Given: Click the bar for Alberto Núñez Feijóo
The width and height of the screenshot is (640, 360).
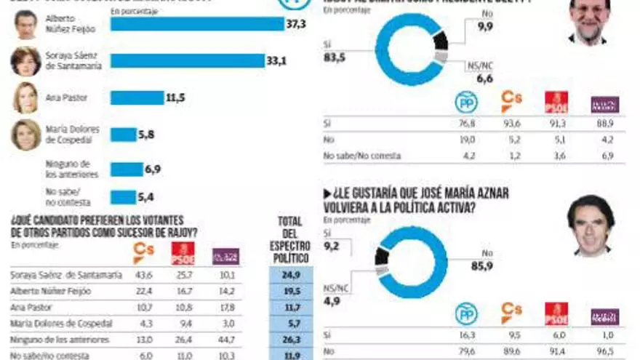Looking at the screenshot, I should click(x=196, y=24).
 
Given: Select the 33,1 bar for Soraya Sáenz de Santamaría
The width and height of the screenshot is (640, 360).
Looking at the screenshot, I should click(x=187, y=61).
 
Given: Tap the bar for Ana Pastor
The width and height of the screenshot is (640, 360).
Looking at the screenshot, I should click(x=136, y=97).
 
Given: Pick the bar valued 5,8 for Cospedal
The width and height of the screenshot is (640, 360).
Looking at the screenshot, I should click(x=122, y=135).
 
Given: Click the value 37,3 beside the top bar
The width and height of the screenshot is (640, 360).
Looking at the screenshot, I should click(x=295, y=24).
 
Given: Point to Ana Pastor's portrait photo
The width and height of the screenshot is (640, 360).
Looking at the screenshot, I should click(x=25, y=97).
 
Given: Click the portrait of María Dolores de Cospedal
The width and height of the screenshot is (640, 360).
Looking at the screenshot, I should click(x=25, y=135).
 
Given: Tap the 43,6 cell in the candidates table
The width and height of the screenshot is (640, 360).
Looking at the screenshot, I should click(x=144, y=276).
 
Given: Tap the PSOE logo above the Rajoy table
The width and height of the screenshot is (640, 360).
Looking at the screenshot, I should click(x=556, y=103).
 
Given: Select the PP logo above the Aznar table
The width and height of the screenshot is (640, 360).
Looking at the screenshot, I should click(x=466, y=313).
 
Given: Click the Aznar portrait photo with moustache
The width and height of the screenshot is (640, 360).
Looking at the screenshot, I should click(x=591, y=225).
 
